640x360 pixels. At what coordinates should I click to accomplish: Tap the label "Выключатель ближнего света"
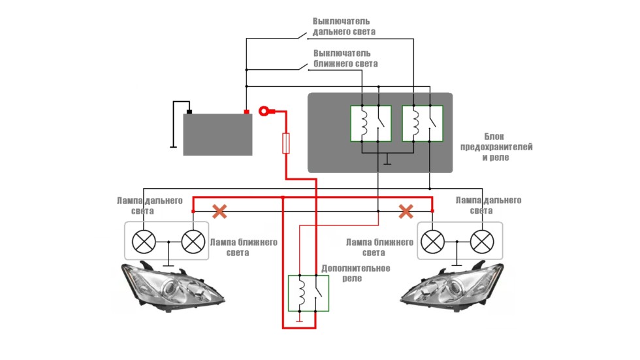coord(345,58)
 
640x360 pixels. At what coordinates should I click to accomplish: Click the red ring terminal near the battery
coord(265,112)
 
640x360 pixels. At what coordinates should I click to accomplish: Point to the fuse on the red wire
coord(285,144)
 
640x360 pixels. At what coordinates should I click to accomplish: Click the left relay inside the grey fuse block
coord(371,123)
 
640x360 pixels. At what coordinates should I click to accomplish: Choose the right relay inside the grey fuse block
coord(422,123)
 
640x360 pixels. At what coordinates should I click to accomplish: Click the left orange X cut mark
coord(220,211)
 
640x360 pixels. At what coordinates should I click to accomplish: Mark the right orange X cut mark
coord(406,211)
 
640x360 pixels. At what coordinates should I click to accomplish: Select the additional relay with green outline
coord(308,293)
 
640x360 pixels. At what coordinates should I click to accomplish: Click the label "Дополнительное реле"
coord(355,272)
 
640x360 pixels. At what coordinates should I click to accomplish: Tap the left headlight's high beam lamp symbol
coord(144,242)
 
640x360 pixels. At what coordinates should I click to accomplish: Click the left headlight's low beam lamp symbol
coord(193,242)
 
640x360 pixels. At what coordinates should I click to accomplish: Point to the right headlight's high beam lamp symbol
coord(482,242)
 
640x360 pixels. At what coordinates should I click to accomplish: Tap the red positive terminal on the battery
coord(246,112)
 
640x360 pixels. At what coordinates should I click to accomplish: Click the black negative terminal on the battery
coord(189,112)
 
